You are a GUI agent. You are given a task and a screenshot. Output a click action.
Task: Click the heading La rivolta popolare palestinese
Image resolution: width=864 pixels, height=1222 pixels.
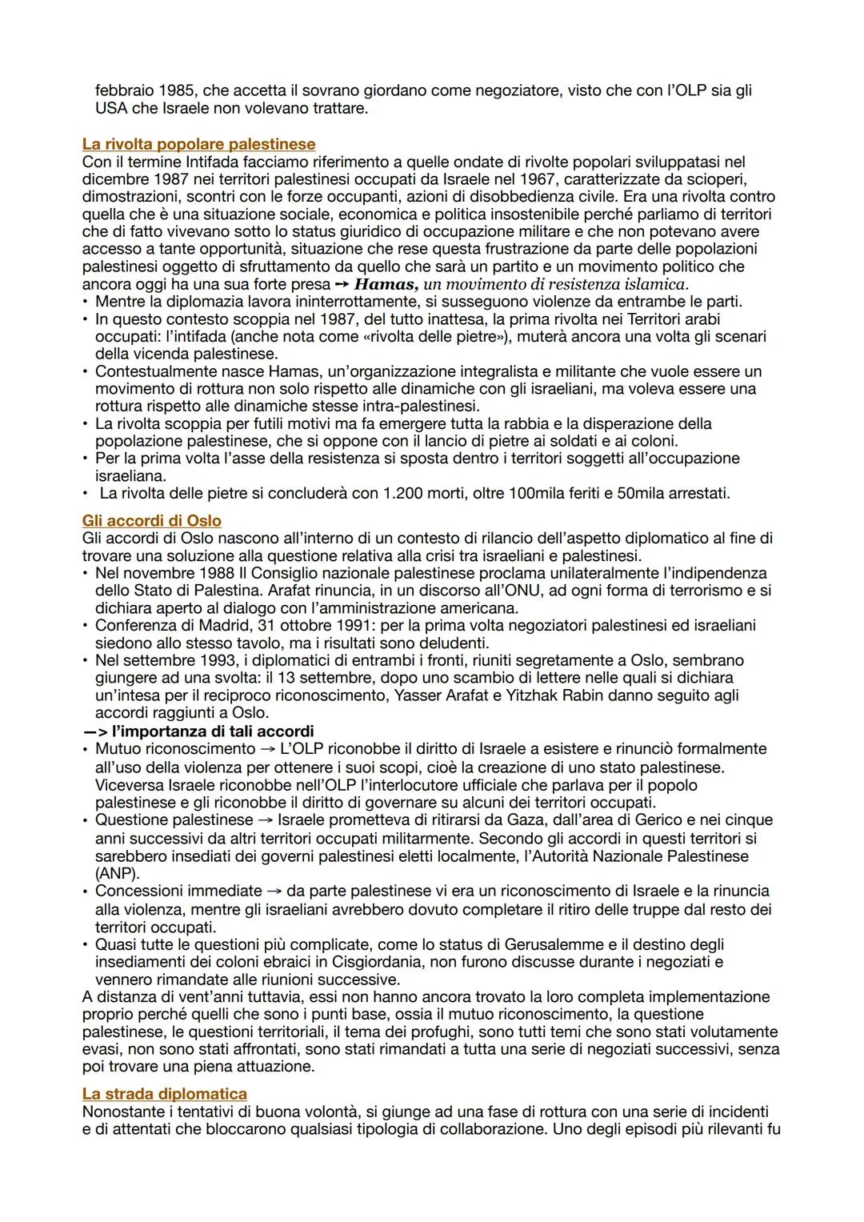[x=198, y=145]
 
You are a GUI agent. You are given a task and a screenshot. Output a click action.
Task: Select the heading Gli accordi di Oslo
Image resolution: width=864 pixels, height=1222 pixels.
[x=151, y=521]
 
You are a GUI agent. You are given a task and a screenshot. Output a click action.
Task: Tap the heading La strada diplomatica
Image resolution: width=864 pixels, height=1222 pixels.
[x=164, y=1093]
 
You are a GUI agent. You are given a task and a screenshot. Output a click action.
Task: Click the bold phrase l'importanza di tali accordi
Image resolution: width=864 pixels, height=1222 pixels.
[x=213, y=731]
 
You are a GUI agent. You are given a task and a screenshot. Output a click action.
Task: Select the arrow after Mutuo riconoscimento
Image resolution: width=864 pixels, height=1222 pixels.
[x=267, y=749]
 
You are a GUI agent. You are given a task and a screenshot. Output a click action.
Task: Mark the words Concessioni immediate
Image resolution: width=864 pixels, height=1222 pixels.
[x=178, y=891]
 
